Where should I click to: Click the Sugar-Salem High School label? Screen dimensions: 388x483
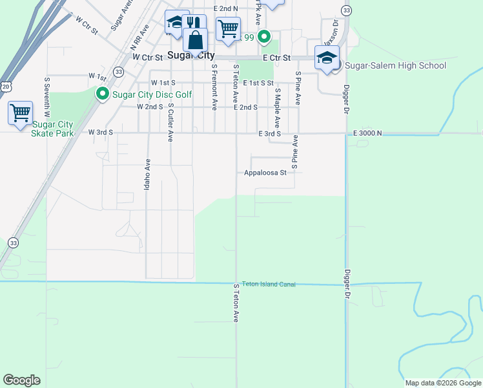click(x=395, y=65)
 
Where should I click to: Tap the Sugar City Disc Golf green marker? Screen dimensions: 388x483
click(x=102, y=94)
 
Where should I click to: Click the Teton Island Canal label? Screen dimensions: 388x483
click(x=268, y=285)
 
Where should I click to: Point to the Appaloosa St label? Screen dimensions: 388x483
click(x=265, y=173)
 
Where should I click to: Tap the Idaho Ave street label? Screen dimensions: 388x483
click(x=147, y=175)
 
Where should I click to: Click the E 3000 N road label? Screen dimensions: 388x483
click(x=367, y=133)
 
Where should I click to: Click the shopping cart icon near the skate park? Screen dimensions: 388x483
click(x=20, y=113)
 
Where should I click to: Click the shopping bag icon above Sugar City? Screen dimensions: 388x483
click(x=195, y=39)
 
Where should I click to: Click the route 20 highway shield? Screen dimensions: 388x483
click(x=5, y=85)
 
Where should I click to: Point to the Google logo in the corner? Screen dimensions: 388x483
click(x=21, y=380)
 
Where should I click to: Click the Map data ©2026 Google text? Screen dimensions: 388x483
click(x=442, y=383)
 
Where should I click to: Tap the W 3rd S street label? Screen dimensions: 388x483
click(x=101, y=133)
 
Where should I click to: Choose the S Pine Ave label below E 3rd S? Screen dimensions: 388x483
click(x=294, y=153)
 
